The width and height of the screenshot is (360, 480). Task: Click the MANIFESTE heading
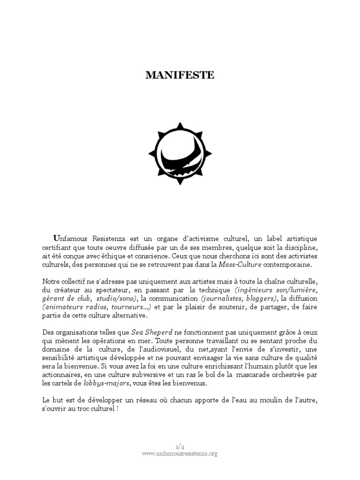pos(180,75)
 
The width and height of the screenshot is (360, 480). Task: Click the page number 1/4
pos(180,447)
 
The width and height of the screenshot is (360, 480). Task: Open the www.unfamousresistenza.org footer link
pos(180,453)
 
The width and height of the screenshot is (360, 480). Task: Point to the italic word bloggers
pos(260,299)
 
